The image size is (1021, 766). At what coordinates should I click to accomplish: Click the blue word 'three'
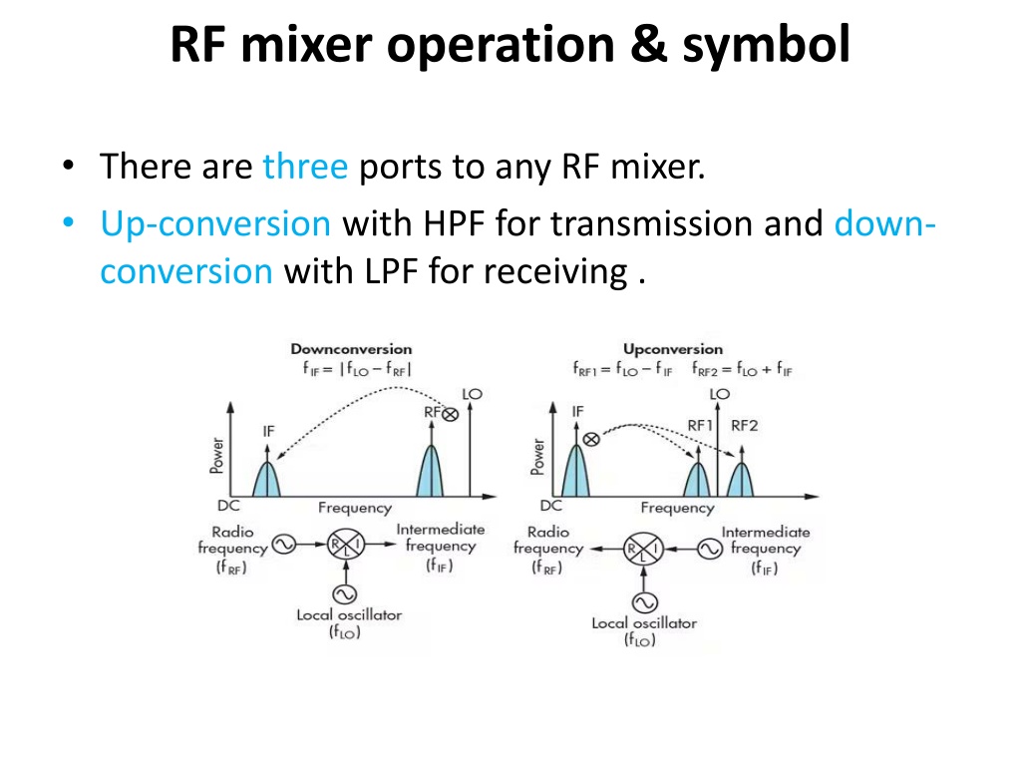[305, 167]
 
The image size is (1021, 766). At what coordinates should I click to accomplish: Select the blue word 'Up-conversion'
[215, 224]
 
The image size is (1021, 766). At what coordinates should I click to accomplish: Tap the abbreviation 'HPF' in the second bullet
[454, 223]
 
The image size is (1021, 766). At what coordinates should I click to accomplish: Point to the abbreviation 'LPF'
[391, 271]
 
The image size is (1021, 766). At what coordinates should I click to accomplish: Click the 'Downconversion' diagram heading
[351, 349]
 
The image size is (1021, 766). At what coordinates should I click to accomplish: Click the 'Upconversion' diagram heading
[673, 349]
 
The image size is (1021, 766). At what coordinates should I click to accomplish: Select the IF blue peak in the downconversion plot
[266, 480]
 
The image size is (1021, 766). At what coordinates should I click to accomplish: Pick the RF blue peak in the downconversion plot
[431, 472]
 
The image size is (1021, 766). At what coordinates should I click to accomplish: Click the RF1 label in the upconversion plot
[700, 425]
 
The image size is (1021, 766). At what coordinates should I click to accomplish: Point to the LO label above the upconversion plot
[720, 394]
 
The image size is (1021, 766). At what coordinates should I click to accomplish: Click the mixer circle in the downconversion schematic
[346, 544]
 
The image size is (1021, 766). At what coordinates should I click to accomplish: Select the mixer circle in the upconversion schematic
[643, 549]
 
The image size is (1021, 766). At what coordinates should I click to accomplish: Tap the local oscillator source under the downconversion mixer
[344, 593]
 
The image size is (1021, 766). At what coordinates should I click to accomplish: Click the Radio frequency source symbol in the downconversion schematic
[284, 544]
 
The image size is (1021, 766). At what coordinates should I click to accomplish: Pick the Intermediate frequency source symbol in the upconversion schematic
[710, 550]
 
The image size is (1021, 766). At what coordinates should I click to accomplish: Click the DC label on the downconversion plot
[228, 506]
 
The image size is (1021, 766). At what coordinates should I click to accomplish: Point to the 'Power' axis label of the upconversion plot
[537, 457]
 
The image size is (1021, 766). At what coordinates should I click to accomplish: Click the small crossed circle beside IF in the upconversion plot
[591, 440]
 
